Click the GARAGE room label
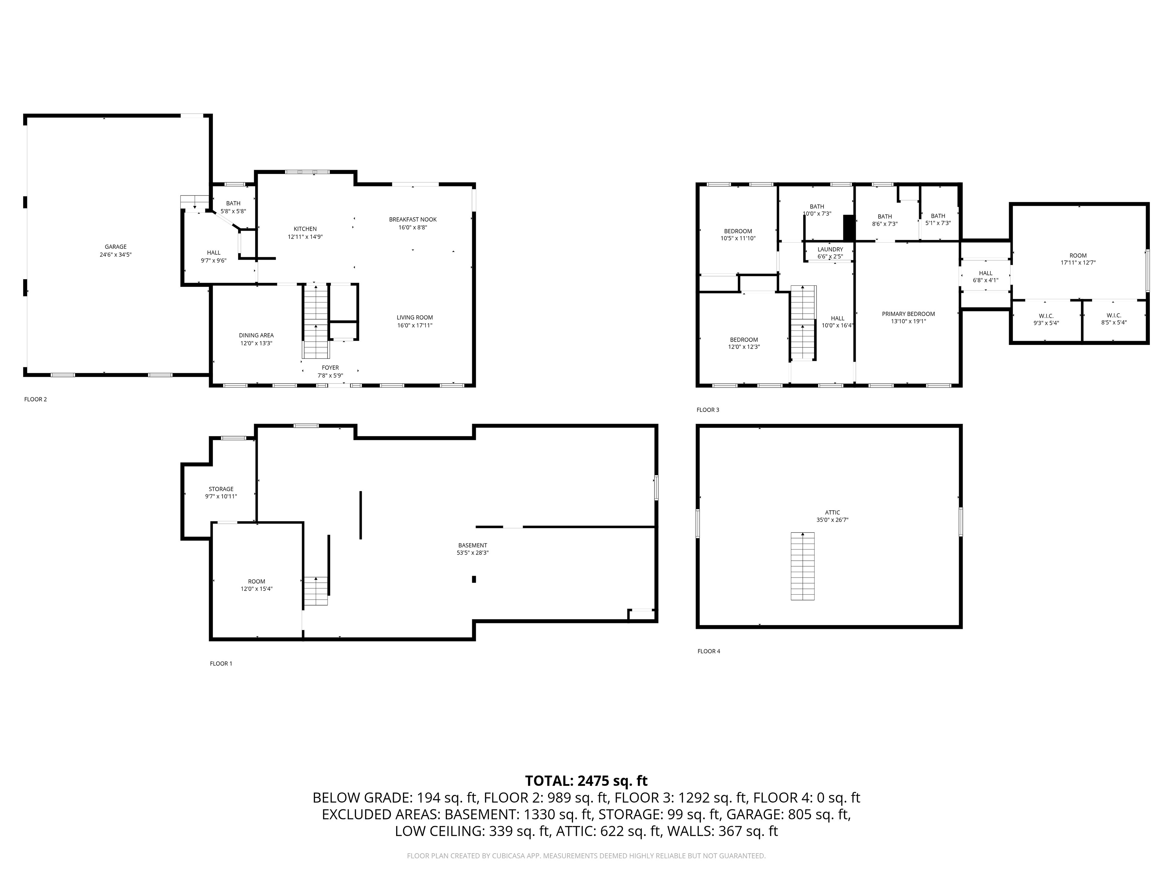tap(115, 247)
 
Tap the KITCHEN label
tap(305, 229)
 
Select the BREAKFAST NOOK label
tap(413, 220)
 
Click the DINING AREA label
tap(256, 335)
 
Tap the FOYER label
tap(331, 368)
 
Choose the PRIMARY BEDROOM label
tap(908, 314)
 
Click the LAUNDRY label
tap(831, 249)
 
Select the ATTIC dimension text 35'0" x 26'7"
tap(832, 520)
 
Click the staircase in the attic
tap(803, 566)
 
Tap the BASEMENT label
tap(473, 545)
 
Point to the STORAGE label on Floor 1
tap(221, 489)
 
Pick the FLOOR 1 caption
tap(221, 664)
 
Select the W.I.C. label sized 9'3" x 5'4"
tap(1046, 316)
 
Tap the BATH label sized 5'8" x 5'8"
tap(233, 203)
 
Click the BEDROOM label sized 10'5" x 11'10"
tap(738, 231)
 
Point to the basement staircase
tap(316, 591)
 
